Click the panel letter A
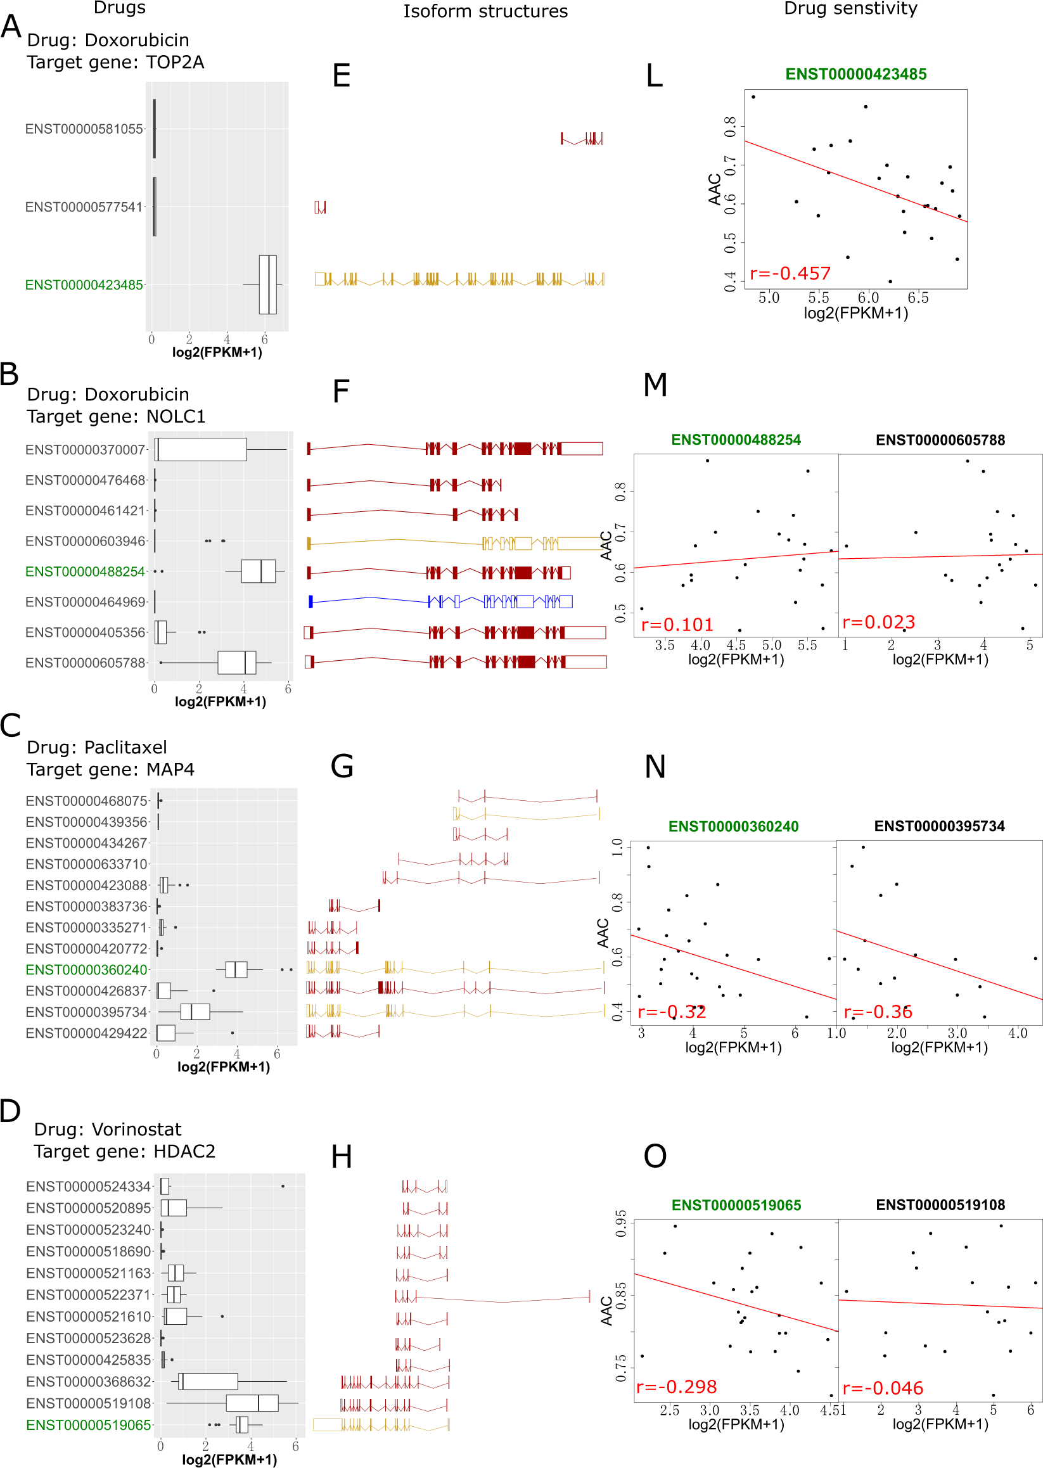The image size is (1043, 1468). point(11,27)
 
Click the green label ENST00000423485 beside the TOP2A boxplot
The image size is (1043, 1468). point(84,285)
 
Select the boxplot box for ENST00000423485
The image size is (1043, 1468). point(268,284)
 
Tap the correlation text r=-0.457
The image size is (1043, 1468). point(790,274)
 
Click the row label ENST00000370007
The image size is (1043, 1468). point(86,449)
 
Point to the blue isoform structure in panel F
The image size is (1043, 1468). point(440,601)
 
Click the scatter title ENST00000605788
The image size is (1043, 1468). point(940,440)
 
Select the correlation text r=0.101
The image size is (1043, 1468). point(677,624)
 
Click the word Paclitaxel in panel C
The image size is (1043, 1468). point(125,747)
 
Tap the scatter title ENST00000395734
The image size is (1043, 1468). point(939,826)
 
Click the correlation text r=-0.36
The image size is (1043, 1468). point(878,1012)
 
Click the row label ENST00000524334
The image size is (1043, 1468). point(89,1186)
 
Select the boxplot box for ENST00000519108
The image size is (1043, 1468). point(252,1403)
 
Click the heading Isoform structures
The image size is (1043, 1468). point(485,11)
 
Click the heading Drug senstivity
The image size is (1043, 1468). point(850,8)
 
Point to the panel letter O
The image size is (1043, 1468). point(655,1156)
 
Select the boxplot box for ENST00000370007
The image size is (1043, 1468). point(201,449)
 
